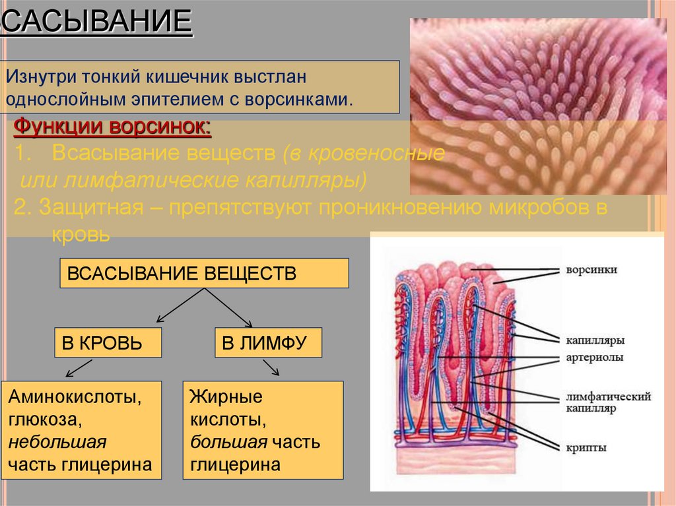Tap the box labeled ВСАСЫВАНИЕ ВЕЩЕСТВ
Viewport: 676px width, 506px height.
(204, 273)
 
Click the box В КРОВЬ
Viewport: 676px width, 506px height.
(108, 342)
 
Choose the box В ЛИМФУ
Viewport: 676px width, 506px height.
(268, 342)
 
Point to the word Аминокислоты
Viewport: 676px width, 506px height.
(74, 398)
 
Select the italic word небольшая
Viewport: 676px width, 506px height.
(57, 442)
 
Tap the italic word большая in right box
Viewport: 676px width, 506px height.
(229, 442)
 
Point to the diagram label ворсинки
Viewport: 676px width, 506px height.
(591, 270)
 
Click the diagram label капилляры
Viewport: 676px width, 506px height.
(595, 340)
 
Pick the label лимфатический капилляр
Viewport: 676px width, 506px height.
(608, 402)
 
